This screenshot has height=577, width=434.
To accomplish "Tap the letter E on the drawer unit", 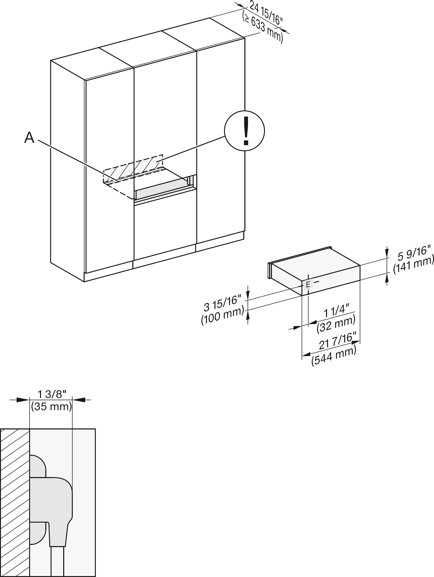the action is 308,285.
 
